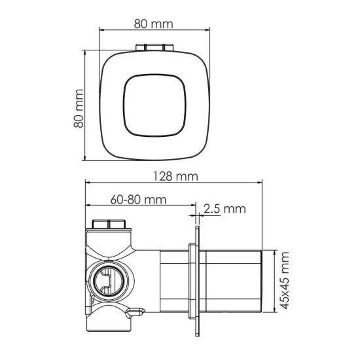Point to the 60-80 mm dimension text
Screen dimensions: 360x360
pyautogui.click(x=139, y=199)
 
